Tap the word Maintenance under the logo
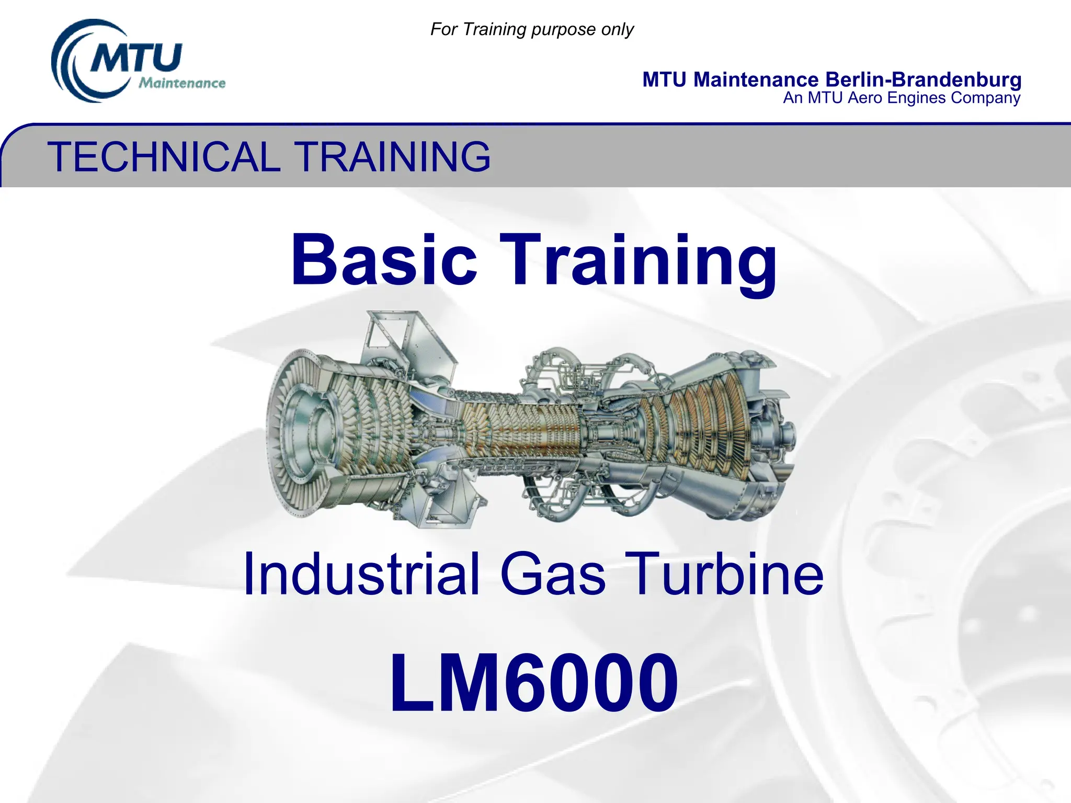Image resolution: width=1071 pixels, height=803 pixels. tap(182, 83)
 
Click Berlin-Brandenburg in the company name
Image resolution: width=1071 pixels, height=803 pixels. tap(923, 80)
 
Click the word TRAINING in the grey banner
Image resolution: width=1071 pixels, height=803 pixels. tap(392, 157)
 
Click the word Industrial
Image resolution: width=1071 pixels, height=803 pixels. tap(361, 574)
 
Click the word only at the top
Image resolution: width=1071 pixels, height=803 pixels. tap(618, 29)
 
